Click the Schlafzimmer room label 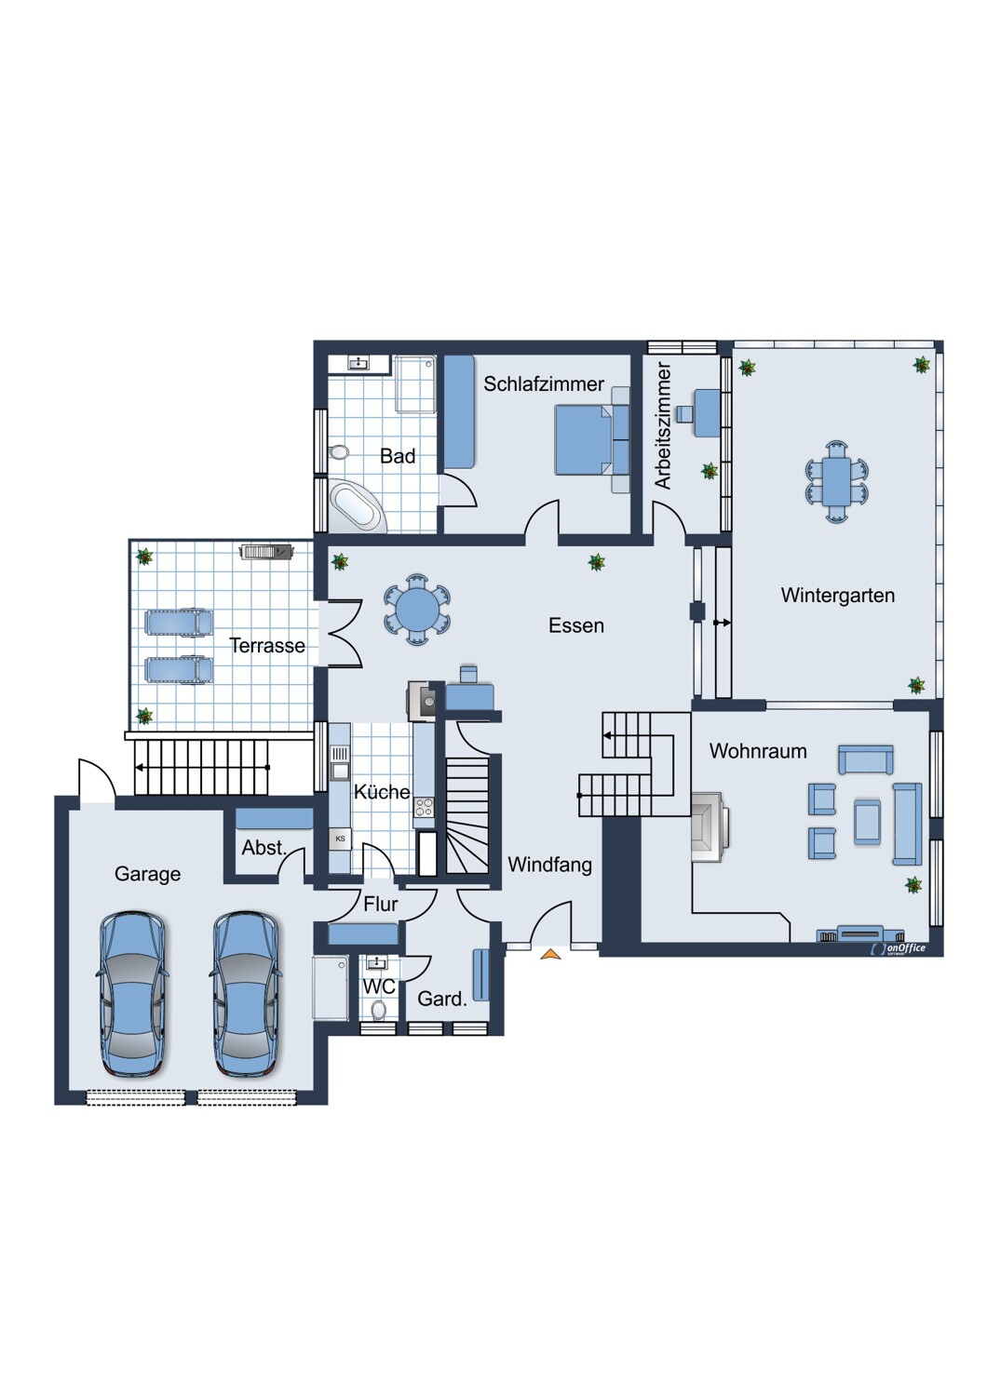click(544, 383)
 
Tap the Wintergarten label click(837, 596)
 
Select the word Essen click(576, 625)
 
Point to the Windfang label click(549, 865)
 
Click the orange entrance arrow click(550, 954)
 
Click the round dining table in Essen click(417, 610)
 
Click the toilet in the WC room click(378, 1009)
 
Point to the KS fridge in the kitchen click(341, 839)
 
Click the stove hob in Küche click(425, 807)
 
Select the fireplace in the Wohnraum click(710, 826)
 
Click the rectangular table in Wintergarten click(835, 481)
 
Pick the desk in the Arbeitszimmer click(707, 412)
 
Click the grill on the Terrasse click(267, 552)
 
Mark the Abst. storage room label click(264, 848)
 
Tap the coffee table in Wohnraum click(867, 822)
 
